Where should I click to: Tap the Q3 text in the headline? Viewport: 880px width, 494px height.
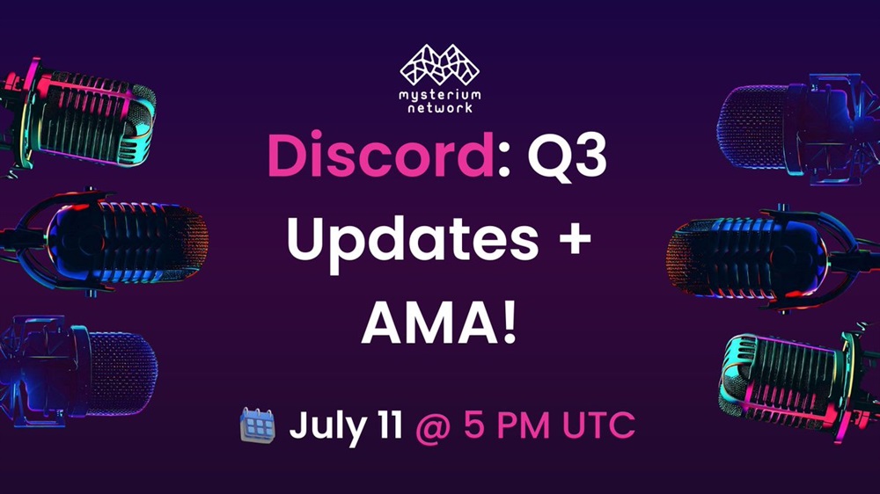(x=568, y=156)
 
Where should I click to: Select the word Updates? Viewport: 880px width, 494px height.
(x=413, y=240)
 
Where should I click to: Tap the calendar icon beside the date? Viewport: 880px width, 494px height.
(x=258, y=425)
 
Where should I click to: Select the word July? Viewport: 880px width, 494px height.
(x=327, y=427)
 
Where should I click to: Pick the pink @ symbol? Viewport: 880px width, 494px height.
(x=433, y=428)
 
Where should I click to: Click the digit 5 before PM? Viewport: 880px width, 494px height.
(x=474, y=425)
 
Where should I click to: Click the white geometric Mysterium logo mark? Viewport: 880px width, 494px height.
(x=439, y=64)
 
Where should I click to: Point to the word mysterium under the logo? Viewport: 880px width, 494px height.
(x=439, y=94)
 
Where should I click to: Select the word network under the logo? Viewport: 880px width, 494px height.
(x=439, y=107)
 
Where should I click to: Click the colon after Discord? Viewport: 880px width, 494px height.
(x=503, y=163)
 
